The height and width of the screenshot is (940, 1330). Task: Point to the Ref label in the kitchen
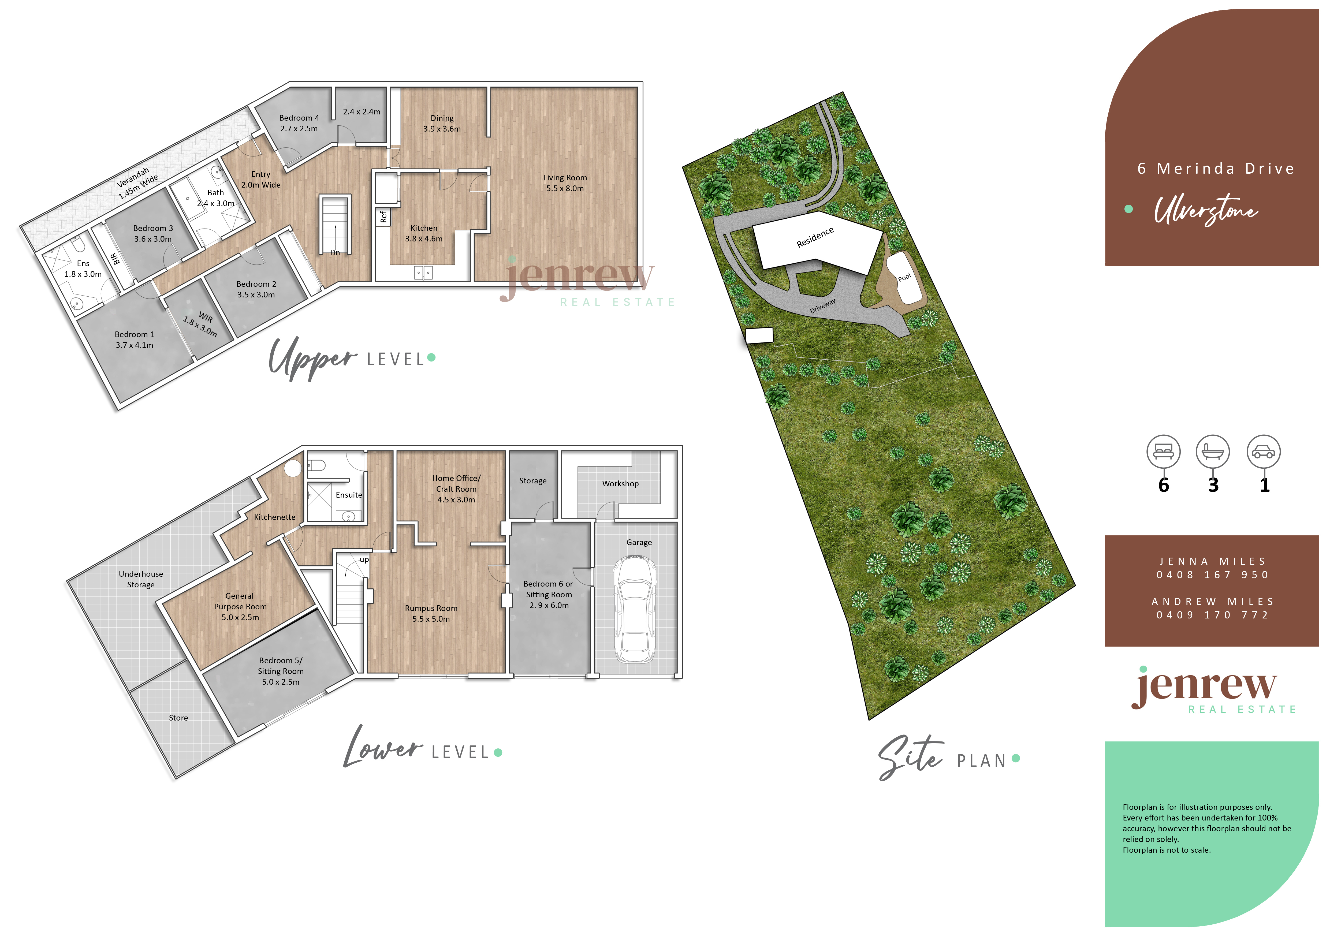pyautogui.click(x=383, y=217)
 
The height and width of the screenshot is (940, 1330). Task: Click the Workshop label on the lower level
pyautogui.click(x=620, y=484)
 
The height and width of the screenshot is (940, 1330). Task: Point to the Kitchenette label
pyautogui.click(x=275, y=517)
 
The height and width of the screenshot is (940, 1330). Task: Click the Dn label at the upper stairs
pyautogui.click(x=335, y=252)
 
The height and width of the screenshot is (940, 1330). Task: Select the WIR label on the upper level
pyautogui.click(x=206, y=317)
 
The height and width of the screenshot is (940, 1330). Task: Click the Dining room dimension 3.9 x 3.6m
pyautogui.click(x=442, y=129)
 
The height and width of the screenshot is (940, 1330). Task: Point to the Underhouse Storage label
pyautogui.click(x=141, y=579)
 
